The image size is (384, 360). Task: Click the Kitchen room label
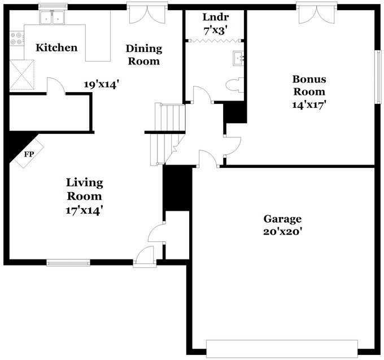[56, 47]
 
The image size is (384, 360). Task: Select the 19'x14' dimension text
[101, 84]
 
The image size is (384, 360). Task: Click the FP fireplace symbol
[28, 154]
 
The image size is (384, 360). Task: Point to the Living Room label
[85, 189]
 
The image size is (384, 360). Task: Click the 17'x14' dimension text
[85, 210]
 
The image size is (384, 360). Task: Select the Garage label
[282, 219]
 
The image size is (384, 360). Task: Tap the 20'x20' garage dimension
[282, 232]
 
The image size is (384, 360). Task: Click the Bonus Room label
[308, 85]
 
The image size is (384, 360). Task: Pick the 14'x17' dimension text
[308, 105]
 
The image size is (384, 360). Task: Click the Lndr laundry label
[215, 17]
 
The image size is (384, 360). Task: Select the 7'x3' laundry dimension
[215, 31]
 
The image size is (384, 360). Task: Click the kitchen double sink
[52, 18]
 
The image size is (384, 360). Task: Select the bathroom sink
[239, 58]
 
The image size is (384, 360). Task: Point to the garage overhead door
[282, 348]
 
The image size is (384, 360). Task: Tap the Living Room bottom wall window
[68, 263]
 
